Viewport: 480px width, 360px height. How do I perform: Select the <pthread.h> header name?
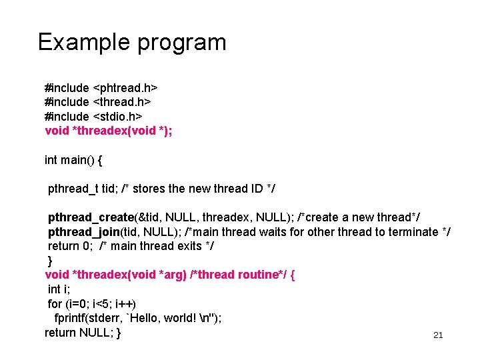(125, 88)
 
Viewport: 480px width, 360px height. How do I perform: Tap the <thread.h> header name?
(122, 102)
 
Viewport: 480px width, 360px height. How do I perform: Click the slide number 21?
(438, 335)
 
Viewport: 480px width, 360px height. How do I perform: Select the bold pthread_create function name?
(91, 218)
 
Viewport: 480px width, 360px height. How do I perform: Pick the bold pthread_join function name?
(83, 232)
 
